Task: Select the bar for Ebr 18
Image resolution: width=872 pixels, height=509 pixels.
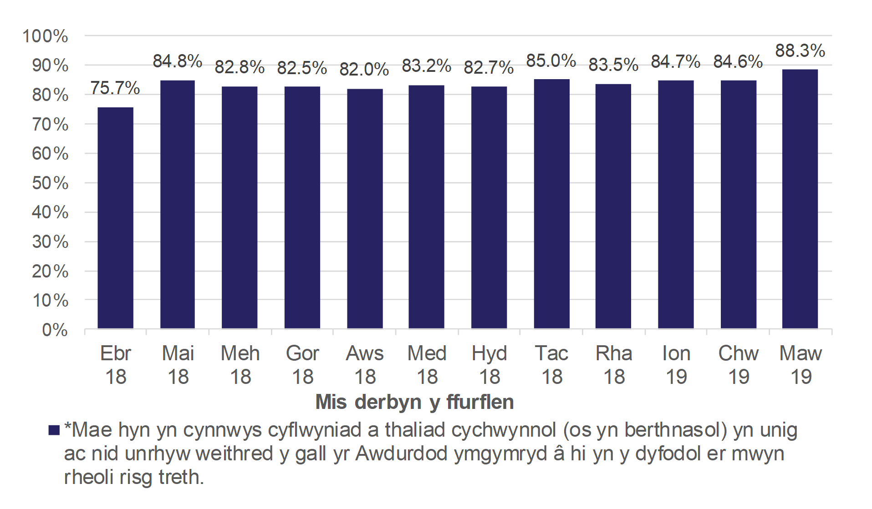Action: point(115,218)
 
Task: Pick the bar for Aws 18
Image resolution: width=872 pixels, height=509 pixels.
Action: point(365,209)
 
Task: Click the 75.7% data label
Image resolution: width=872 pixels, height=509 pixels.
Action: point(115,88)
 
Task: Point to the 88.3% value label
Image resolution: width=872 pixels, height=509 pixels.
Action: point(800,50)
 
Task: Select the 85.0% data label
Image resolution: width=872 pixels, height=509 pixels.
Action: point(551,60)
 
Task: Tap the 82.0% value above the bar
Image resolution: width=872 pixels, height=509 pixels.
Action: point(364,69)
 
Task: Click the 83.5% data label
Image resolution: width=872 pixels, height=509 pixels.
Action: point(613,65)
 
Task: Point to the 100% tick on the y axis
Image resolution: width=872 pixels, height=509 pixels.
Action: point(46,36)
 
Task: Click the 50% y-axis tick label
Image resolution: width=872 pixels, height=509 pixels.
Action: point(50,183)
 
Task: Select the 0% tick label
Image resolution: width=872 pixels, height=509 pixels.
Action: point(55,330)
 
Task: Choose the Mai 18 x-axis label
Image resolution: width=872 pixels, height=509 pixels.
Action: point(178,365)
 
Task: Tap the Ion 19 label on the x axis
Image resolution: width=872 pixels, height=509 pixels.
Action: point(676,365)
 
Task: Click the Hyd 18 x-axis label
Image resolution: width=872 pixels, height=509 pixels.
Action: point(490,365)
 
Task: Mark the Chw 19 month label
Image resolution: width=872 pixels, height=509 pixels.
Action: point(738,365)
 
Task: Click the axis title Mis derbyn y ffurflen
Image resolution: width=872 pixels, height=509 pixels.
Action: point(415,402)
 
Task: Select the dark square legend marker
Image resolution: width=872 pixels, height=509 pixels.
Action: point(54,430)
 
